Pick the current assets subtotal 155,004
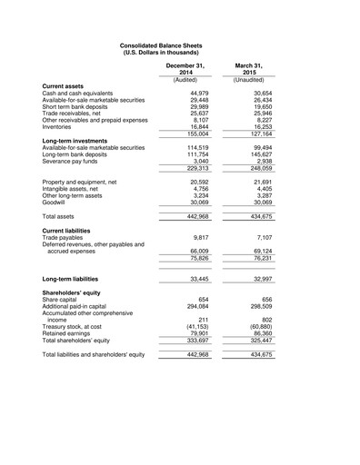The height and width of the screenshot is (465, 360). click(197, 134)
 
